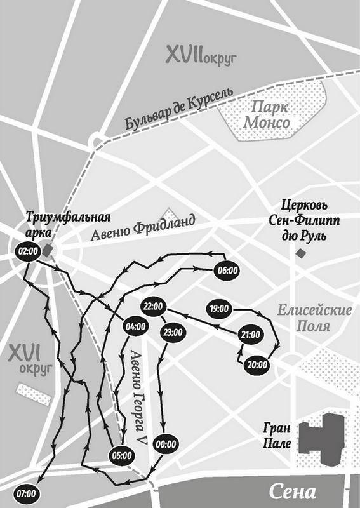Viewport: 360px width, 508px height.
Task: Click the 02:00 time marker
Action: pos(27,251)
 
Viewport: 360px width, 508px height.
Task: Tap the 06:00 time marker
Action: pos(227,270)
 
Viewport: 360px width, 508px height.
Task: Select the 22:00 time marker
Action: pos(154,306)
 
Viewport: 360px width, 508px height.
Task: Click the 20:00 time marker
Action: pos(257,364)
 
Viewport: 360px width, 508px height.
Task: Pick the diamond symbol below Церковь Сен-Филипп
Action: pos(300,253)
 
